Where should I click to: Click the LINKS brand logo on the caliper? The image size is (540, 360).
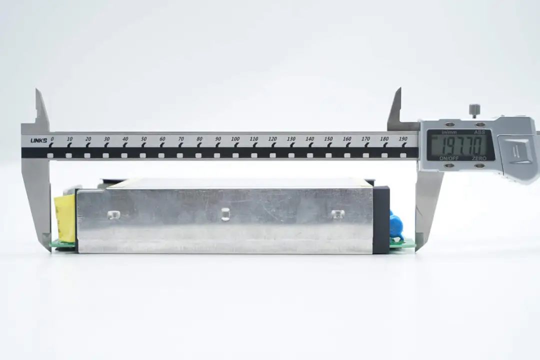tap(38, 140)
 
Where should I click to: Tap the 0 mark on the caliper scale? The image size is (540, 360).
tap(52, 139)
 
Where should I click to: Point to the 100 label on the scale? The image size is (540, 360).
tap(235, 139)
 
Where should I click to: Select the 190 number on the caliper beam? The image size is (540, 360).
tap(403, 139)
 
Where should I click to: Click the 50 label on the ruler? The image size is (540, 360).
tap(143, 139)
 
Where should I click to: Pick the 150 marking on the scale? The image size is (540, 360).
tap(328, 139)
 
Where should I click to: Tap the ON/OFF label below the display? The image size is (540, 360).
tap(448, 158)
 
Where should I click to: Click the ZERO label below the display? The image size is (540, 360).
tap(479, 158)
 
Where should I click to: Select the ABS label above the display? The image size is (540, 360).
tap(479, 132)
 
